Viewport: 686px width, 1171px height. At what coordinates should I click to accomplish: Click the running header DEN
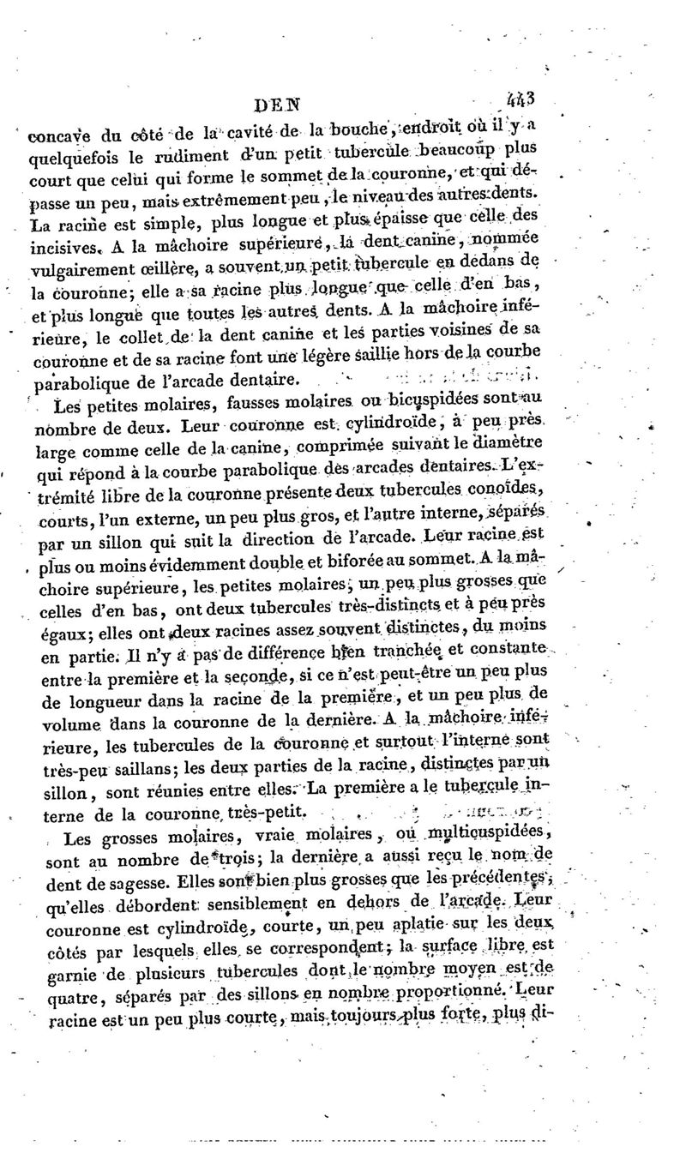click(x=279, y=105)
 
